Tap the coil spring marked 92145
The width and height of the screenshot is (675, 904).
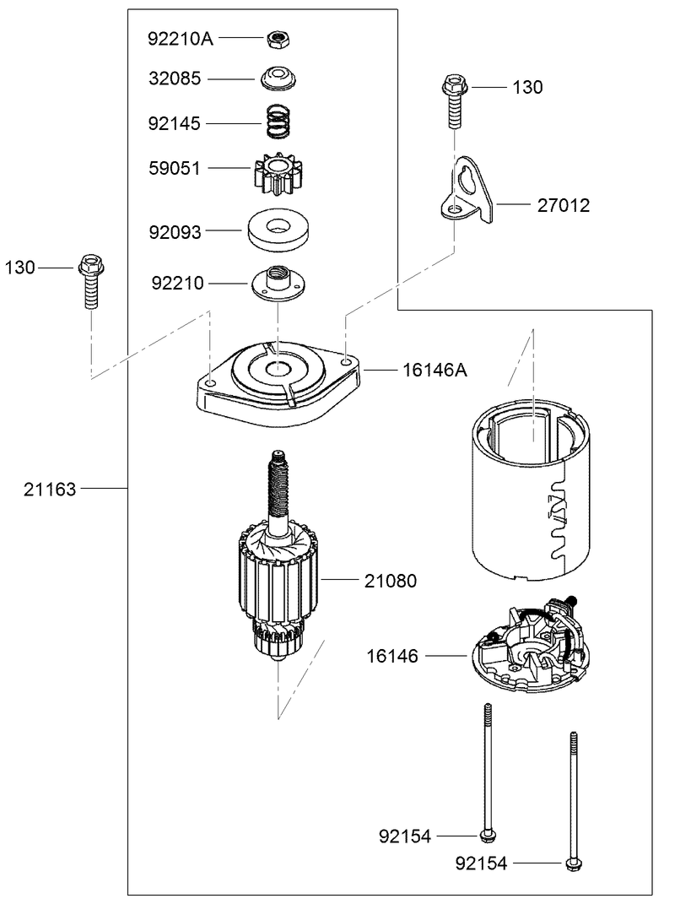pos(276,122)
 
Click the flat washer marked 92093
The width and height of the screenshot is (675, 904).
pos(276,229)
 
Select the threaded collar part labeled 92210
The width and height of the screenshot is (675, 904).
pos(276,283)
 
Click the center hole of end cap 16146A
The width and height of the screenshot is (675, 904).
pos(278,370)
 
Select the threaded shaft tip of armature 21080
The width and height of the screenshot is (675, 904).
pos(277,463)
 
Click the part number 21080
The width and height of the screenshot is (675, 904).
pos(391,582)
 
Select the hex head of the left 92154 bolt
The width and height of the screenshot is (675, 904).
pos(487,836)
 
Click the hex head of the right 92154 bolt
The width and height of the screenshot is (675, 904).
pos(573,863)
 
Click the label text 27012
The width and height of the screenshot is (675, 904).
pos(564,204)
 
